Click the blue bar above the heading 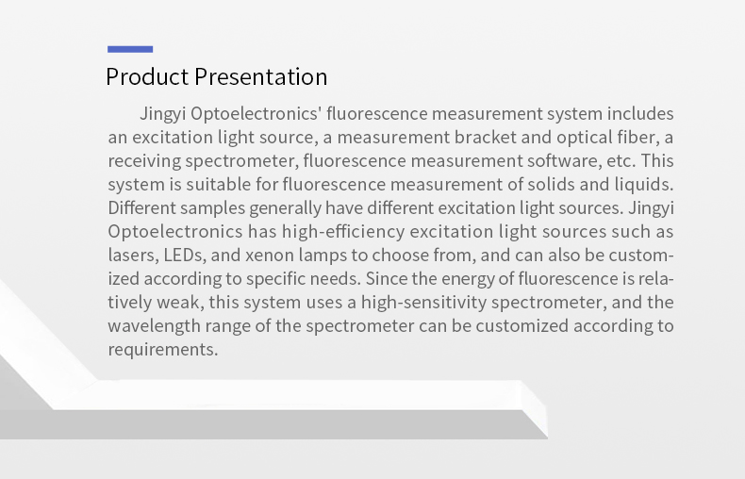[x=130, y=49]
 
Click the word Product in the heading [x=147, y=76]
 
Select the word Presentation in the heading [x=261, y=76]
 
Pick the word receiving [x=144, y=161]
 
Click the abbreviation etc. [x=621, y=161]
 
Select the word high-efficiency [x=343, y=232]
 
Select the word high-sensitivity [x=423, y=303]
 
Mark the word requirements [x=163, y=350]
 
